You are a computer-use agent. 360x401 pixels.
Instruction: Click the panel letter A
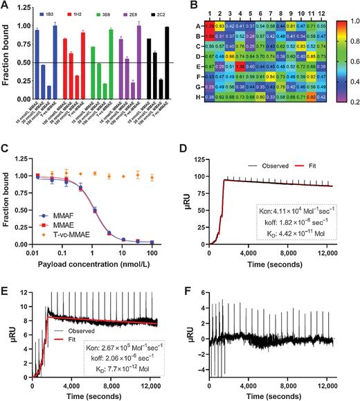(5, 6)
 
